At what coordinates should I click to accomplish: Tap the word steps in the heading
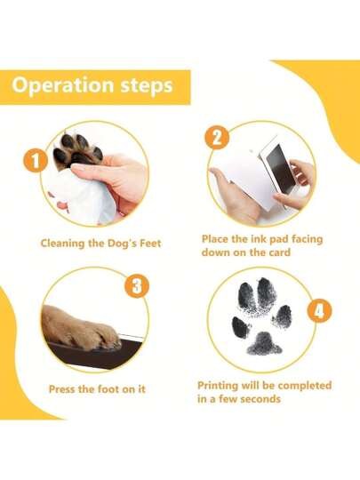click(x=147, y=86)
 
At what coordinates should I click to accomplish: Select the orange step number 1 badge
click(x=36, y=160)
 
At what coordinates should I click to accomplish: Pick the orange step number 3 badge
click(x=137, y=286)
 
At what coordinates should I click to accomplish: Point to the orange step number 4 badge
click(x=319, y=312)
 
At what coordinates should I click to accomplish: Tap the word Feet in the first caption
click(x=150, y=244)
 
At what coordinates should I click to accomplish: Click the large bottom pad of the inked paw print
click(x=265, y=343)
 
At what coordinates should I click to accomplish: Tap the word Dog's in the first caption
click(x=122, y=244)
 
